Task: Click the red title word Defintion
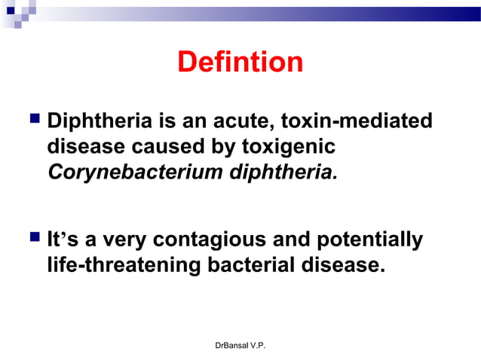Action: coord(240,63)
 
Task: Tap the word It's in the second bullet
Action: coord(62,240)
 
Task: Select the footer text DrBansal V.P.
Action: coord(240,345)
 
